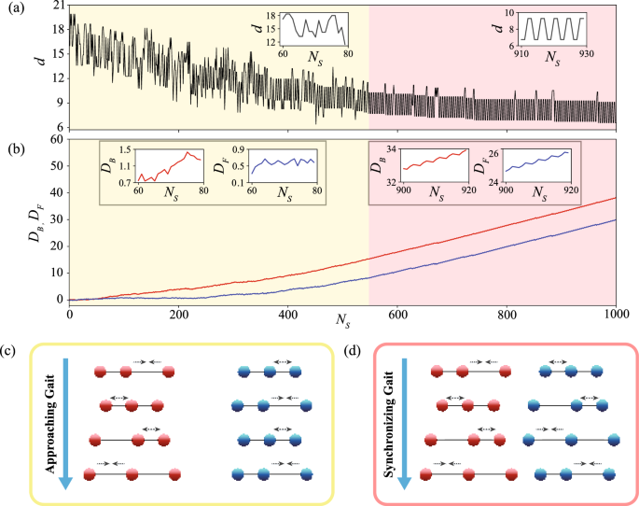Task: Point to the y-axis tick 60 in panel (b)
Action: tap(57, 139)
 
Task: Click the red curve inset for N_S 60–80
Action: tap(169, 166)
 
